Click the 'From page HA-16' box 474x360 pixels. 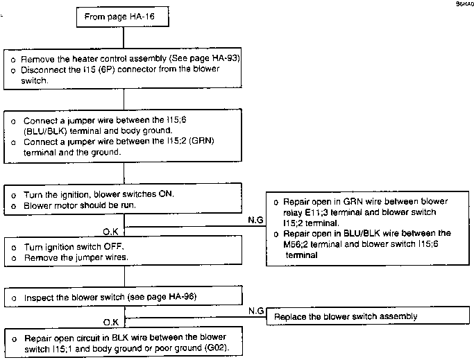(122, 17)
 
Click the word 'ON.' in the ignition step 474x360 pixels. (167, 194)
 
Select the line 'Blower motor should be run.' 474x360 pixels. (80, 205)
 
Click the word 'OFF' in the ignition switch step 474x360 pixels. (114, 247)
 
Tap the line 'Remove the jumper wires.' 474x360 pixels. (76, 257)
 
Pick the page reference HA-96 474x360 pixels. (182, 296)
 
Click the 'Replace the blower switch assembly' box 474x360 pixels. (368, 316)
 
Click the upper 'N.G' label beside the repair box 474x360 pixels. (255, 220)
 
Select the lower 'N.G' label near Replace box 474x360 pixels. (256, 311)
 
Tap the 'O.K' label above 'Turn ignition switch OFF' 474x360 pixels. (110, 232)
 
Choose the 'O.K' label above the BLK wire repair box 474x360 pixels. (111, 323)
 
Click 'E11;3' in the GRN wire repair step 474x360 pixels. (316, 212)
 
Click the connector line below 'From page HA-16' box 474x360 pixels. (124, 37)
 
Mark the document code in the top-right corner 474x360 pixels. (465, 4)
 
